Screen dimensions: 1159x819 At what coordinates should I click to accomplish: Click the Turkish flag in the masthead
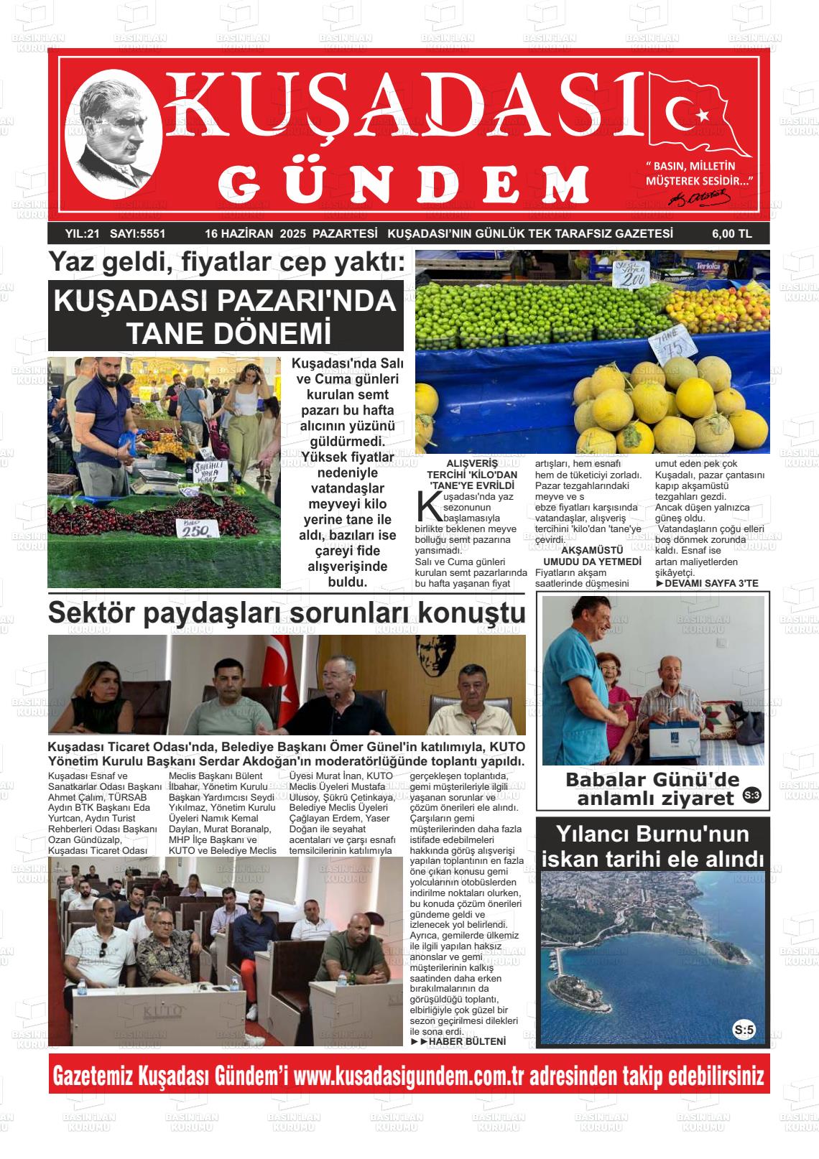click(x=698, y=115)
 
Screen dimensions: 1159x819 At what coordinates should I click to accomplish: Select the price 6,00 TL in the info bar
click(x=731, y=233)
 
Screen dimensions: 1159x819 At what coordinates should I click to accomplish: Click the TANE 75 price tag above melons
click(x=674, y=348)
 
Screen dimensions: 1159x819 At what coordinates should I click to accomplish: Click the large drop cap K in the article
click(x=428, y=505)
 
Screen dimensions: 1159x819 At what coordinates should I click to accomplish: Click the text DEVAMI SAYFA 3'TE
click(x=707, y=583)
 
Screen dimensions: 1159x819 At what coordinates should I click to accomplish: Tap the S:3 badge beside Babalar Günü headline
click(x=751, y=795)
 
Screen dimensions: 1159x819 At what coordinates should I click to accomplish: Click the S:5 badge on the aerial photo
click(x=744, y=1030)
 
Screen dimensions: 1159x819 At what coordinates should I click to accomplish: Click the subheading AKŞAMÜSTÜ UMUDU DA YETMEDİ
click(x=592, y=556)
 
